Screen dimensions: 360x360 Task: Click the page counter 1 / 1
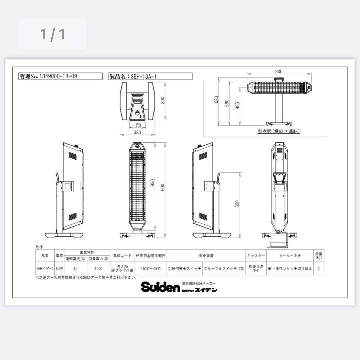(x=52, y=34)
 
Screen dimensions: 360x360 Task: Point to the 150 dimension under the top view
(x=137, y=125)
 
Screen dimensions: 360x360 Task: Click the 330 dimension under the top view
(x=137, y=132)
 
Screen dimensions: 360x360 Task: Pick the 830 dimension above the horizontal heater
(x=279, y=71)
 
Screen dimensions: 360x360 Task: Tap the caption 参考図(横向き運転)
(x=279, y=131)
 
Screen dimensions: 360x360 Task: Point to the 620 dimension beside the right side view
(x=237, y=204)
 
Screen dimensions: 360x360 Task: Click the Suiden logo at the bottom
(x=160, y=287)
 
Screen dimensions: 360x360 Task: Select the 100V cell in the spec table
(x=59, y=268)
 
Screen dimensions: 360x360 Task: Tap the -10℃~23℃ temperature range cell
(x=151, y=268)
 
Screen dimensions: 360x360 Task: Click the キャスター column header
(x=256, y=256)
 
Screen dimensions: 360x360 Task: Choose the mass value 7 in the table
(x=319, y=268)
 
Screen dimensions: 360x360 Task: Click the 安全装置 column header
(x=206, y=256)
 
